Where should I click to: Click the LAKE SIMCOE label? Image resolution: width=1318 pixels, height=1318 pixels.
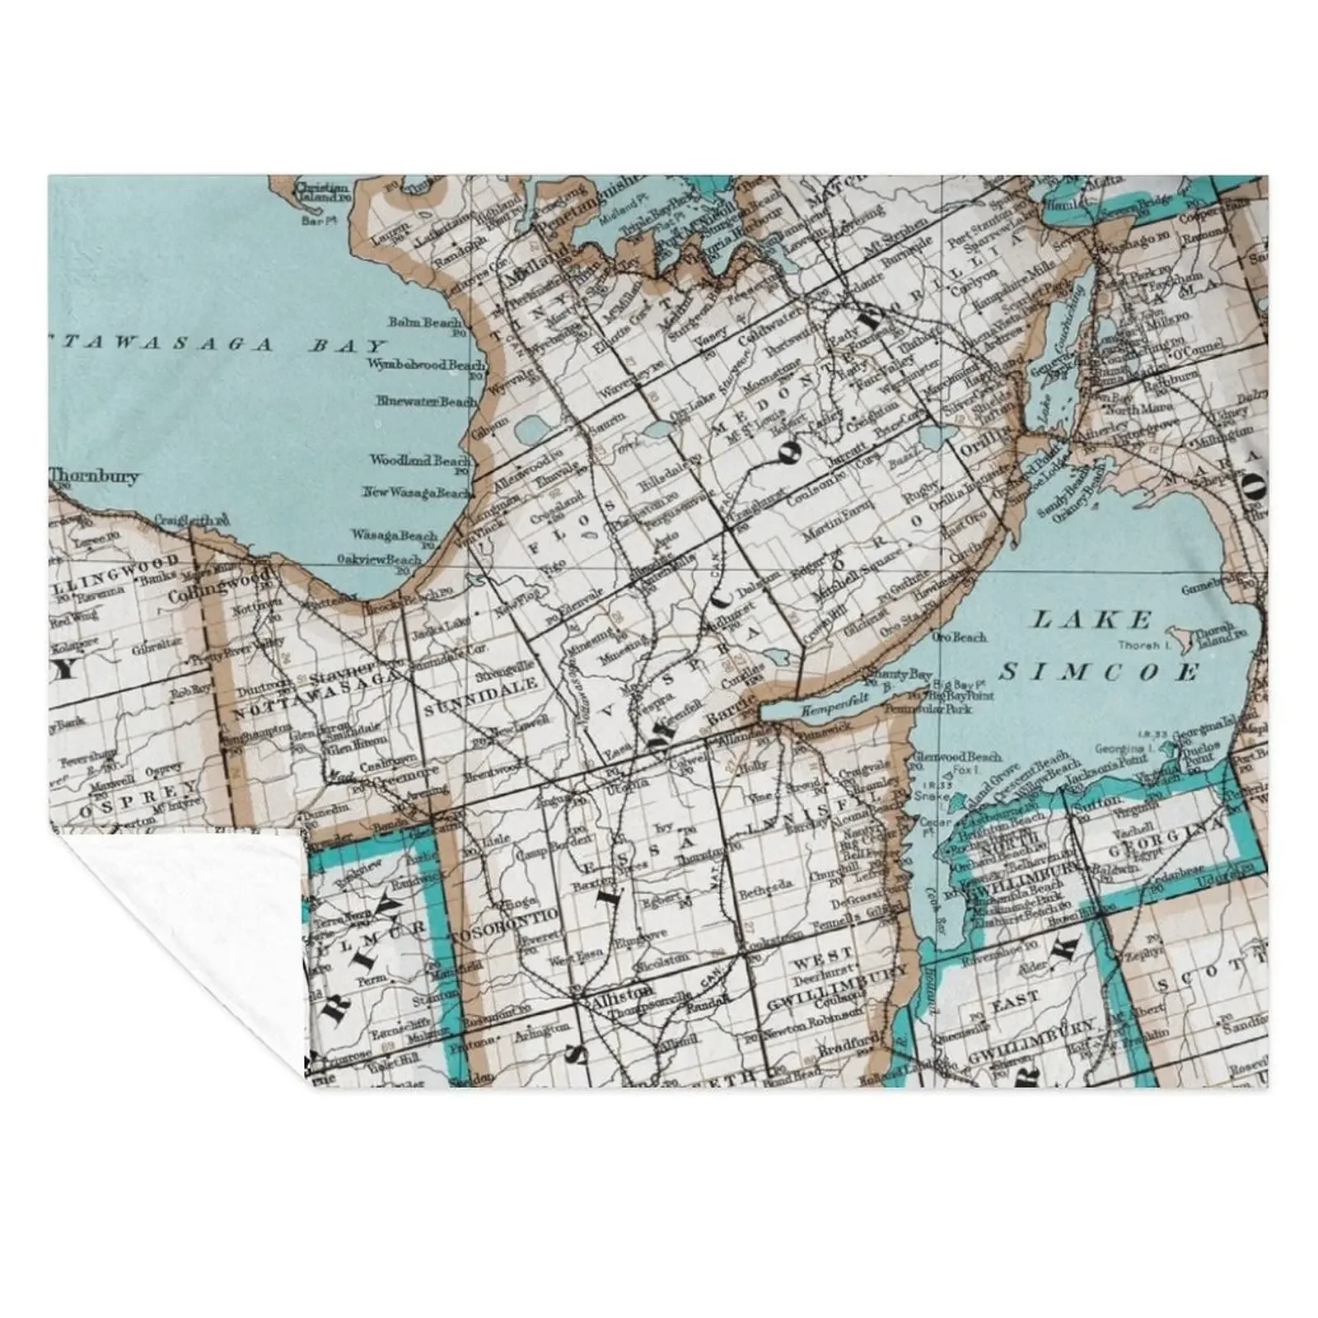[x=1100, y=645]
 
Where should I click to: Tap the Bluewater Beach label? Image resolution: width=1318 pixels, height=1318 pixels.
[x=424, y=401]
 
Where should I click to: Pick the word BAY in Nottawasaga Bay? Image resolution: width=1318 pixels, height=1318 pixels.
[x=348, y=346]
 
